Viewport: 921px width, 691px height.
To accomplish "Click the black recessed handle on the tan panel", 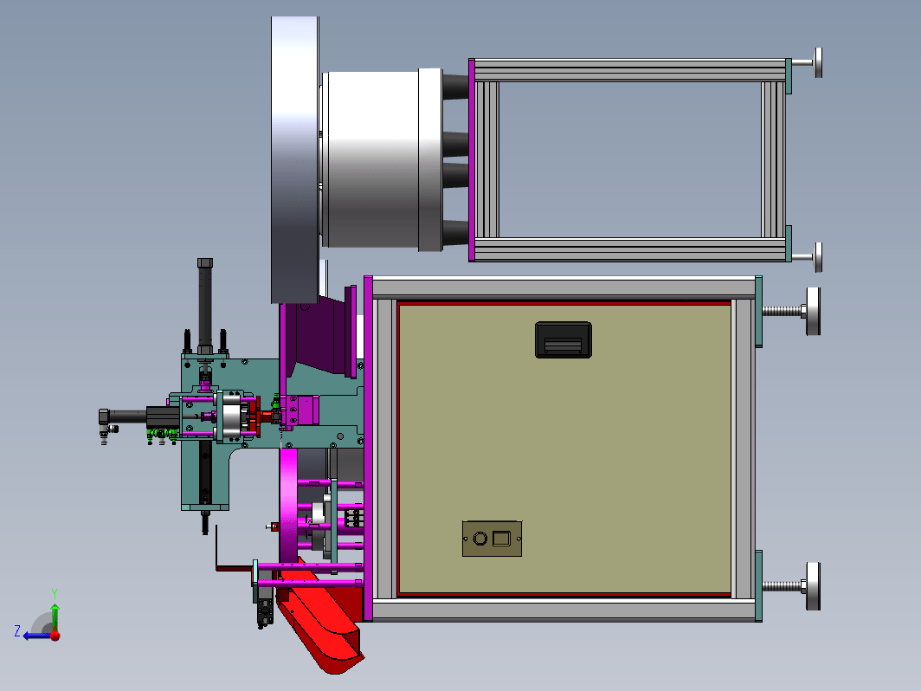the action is [564, 339].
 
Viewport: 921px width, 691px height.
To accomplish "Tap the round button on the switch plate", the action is [480, 539].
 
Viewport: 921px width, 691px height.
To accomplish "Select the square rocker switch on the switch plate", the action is [501, 538].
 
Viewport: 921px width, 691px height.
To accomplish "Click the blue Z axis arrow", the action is [37, 636].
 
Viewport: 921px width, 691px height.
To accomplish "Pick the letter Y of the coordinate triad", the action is [54, 593].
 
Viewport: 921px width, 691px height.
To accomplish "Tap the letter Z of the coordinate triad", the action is [17, 631].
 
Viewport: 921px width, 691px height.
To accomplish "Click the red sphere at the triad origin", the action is [55, 636].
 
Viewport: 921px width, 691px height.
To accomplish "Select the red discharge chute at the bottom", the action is [320, 623].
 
